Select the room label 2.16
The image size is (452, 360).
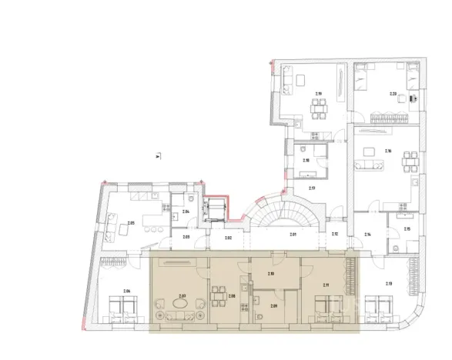(389, 152)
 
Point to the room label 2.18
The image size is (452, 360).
(306, 161)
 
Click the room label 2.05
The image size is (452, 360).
(130, 223)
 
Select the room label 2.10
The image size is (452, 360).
(270, 273)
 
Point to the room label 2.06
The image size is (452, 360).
(127, 290)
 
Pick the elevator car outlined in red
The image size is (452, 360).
(216, 210)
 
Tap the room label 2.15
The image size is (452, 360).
(407, 229)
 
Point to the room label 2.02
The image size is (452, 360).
(229, 238)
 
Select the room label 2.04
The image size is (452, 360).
(186, 211)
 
